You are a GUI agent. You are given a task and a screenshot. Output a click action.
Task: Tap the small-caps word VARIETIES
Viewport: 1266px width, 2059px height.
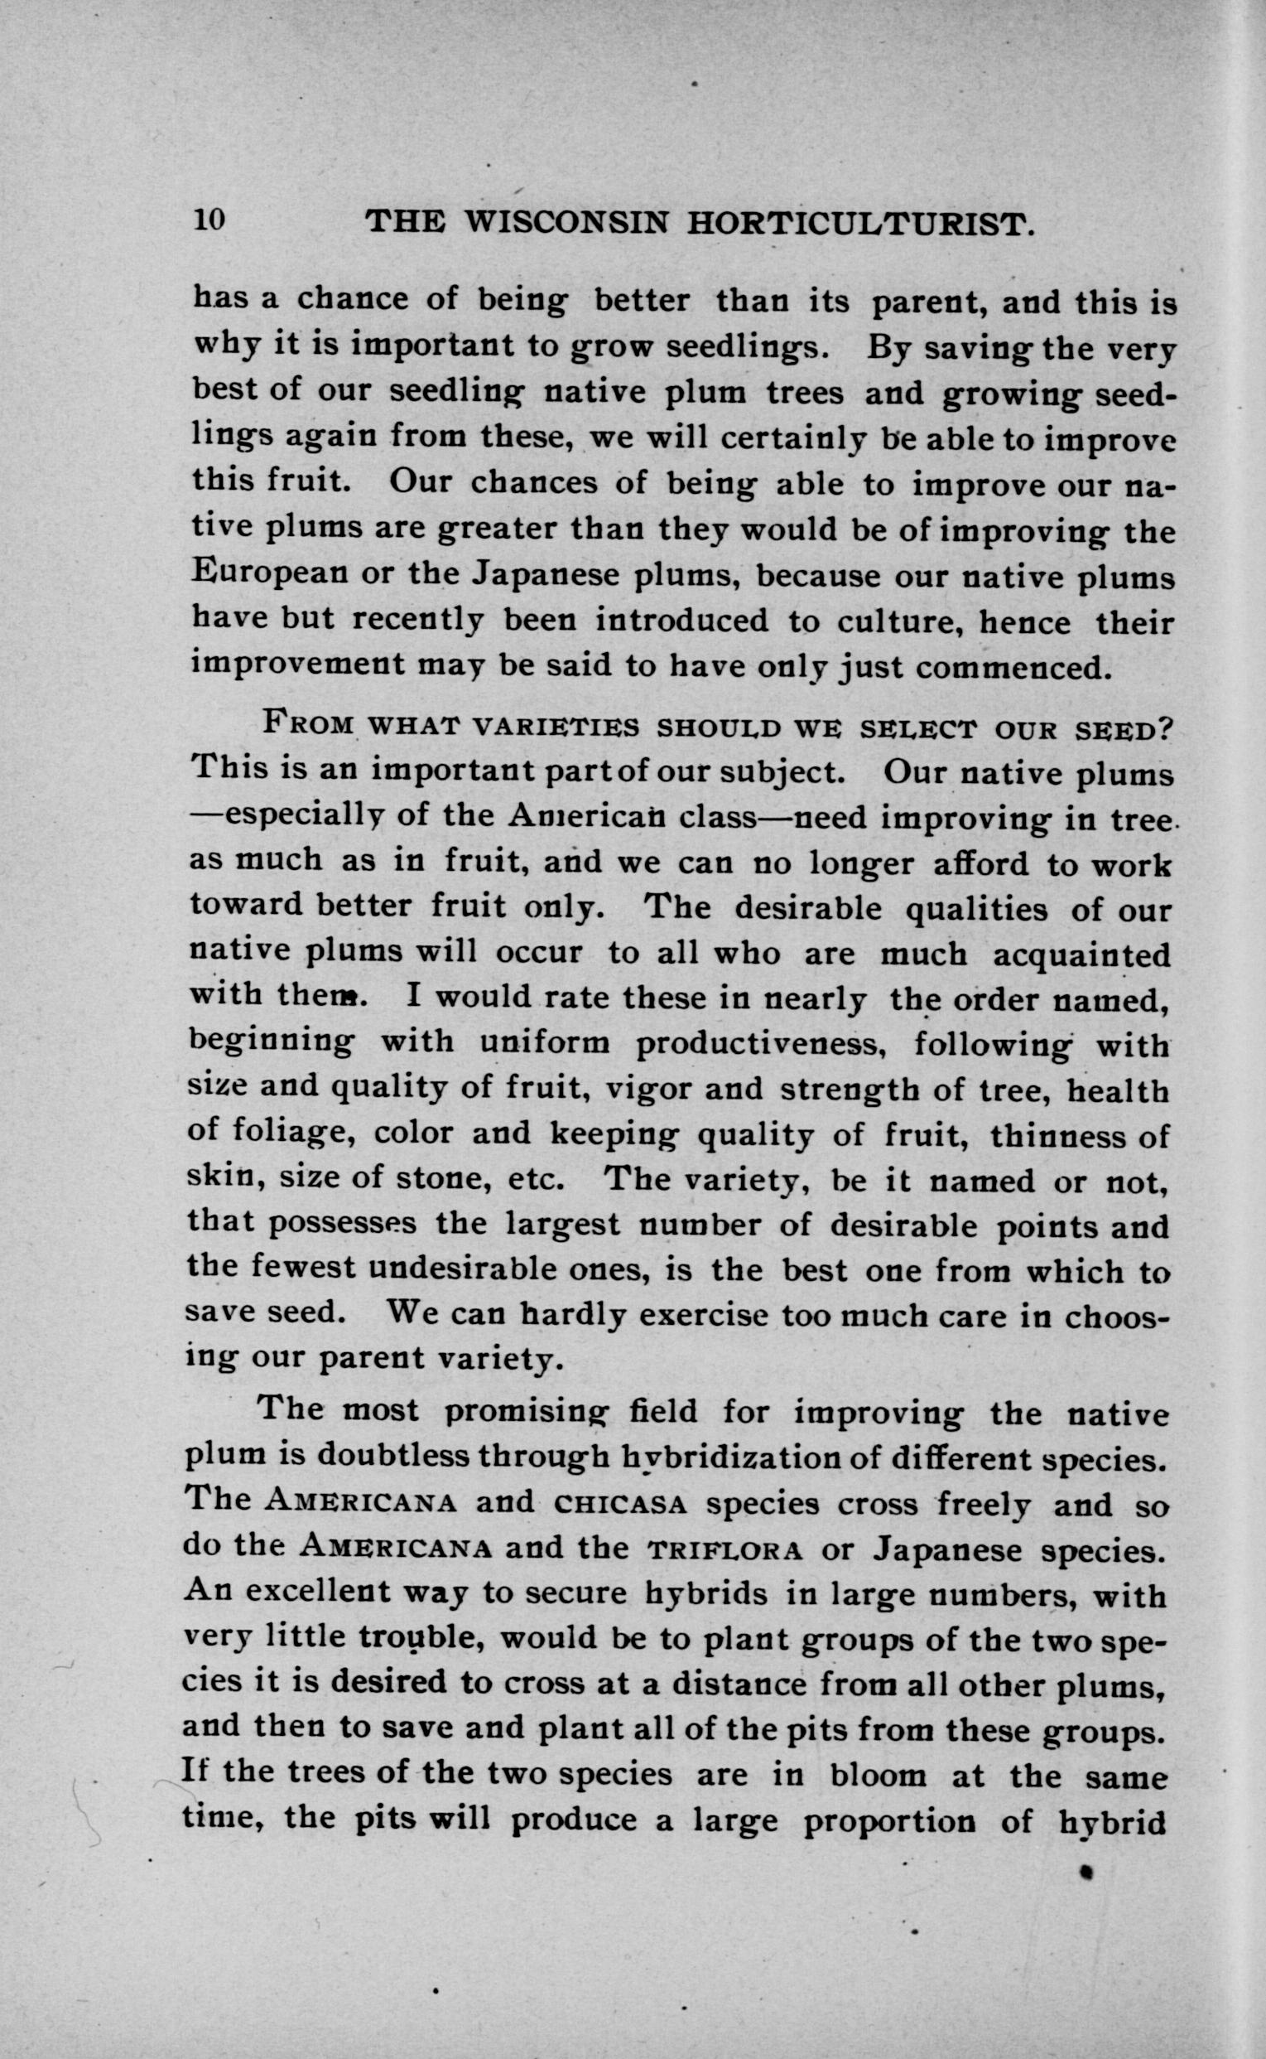[x=555, y=727]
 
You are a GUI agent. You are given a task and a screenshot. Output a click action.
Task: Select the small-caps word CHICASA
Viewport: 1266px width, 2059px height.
[x=621, y=1506]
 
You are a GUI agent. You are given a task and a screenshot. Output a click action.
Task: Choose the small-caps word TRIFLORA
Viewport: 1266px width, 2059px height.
[x=726, y=1551]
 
